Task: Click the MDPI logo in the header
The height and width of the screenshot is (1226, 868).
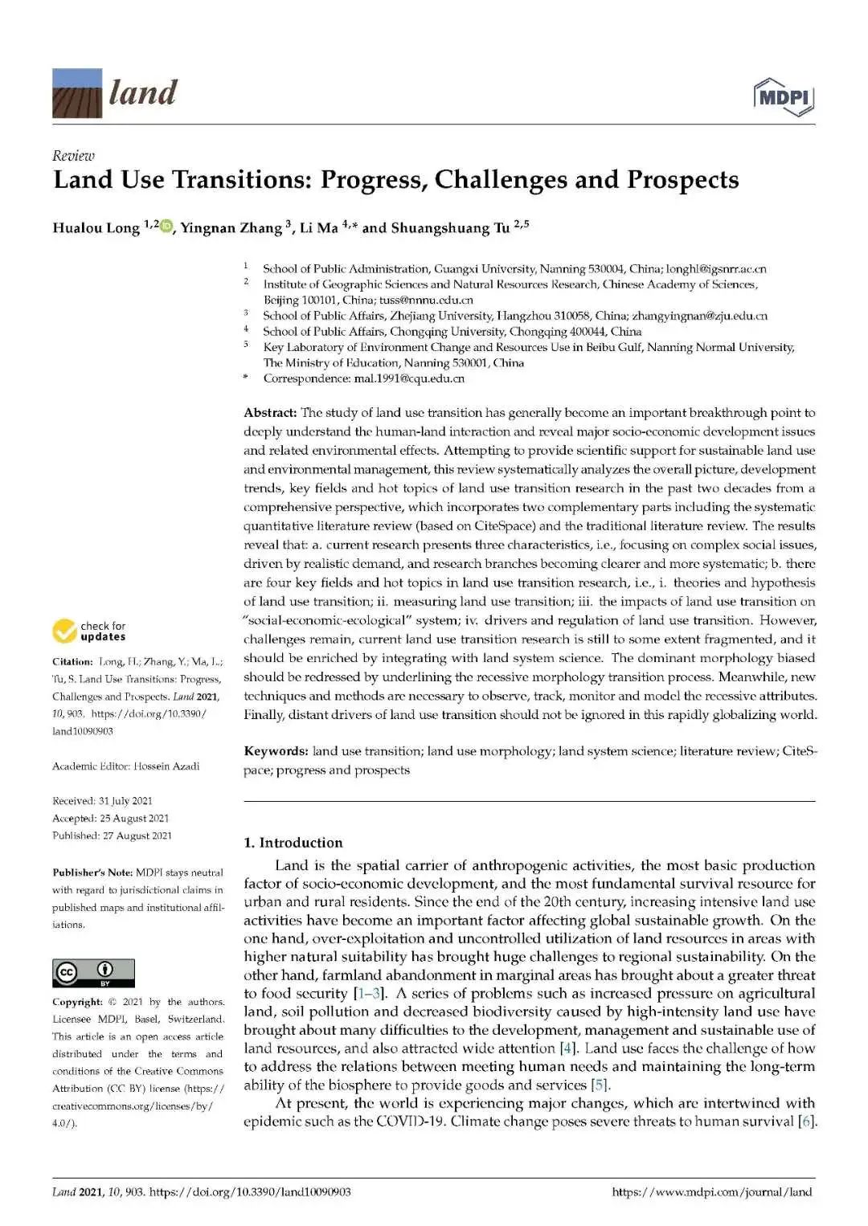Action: point(784,96)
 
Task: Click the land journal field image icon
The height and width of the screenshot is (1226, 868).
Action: point(77,93)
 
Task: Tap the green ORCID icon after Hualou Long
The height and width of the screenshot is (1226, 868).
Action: point(166,227)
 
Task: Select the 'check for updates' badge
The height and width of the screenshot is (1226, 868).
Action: point(89,631)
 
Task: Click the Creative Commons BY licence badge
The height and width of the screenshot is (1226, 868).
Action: point(93,973)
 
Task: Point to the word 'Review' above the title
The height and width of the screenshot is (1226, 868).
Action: point(73,156)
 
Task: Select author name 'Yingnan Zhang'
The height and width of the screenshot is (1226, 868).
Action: point(231,227)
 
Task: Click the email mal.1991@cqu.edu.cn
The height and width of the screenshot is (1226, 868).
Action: point(409,378)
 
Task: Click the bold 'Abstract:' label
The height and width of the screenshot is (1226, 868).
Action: point(270,413)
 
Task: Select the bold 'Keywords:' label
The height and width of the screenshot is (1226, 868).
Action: point(276,751)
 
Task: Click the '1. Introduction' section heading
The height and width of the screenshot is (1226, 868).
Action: point(293,843)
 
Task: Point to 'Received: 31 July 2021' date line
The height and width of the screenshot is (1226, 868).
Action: point(102,801)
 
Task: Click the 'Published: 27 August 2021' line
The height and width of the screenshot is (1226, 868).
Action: point(112,836)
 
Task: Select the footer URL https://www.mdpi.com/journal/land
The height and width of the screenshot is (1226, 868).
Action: point(711,1192)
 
